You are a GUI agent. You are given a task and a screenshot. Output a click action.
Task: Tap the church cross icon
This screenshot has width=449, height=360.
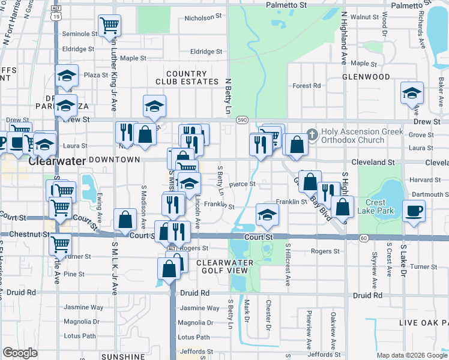(x=312, y=132)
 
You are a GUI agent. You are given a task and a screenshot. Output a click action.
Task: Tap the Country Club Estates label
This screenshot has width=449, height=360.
(x=181, y=77)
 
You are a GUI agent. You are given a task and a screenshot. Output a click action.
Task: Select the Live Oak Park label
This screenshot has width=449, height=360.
(x=424, y=323)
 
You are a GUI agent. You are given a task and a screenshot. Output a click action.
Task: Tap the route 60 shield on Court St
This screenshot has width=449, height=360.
(x=364, y=238)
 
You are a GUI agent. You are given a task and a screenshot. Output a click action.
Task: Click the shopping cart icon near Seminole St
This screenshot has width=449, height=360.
(x=109, y=25)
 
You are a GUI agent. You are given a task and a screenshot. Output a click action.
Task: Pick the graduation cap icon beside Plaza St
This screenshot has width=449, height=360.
(x=67, y=76)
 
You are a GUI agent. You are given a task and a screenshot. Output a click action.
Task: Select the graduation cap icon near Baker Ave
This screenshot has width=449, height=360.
(x=412, y=93)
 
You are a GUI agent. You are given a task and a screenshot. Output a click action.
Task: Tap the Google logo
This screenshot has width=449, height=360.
(x=20, y=353)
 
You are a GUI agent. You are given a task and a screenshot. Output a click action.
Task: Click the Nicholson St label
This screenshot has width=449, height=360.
(x=200, y=18)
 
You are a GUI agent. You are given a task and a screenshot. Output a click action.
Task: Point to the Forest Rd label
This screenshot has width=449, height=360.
(x=306, y=86)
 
